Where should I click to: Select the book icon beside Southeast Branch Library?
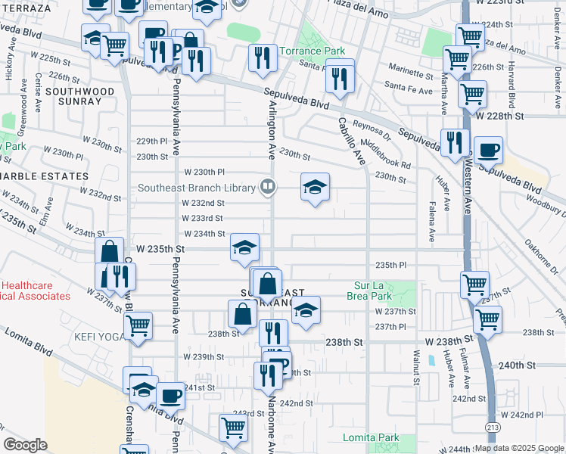pos(267,186)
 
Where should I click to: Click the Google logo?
pos(25,444)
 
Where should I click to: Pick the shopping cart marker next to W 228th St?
pos(472,95)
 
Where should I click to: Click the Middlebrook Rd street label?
pos(386,154)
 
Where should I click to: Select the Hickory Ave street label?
pos(10,67)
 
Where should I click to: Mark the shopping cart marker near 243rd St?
pos(233,428)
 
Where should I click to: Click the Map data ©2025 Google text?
pos(519,448)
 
